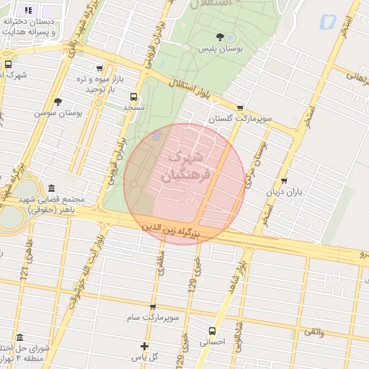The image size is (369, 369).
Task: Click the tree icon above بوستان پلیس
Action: tap(219, 37)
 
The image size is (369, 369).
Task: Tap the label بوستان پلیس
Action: tap(219, 48)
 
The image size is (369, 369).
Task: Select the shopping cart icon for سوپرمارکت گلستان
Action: tap(240, 107)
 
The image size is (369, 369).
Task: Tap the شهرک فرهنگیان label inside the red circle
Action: tap(187, 166)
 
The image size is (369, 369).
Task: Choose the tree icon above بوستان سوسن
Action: tap(58, 102)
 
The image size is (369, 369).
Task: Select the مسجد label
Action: tap(133, 107)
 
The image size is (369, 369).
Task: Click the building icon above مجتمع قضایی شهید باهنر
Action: tap(51, 188)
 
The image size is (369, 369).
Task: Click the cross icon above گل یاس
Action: tap(145, 346)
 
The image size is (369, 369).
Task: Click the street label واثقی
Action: tap(314, 332)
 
